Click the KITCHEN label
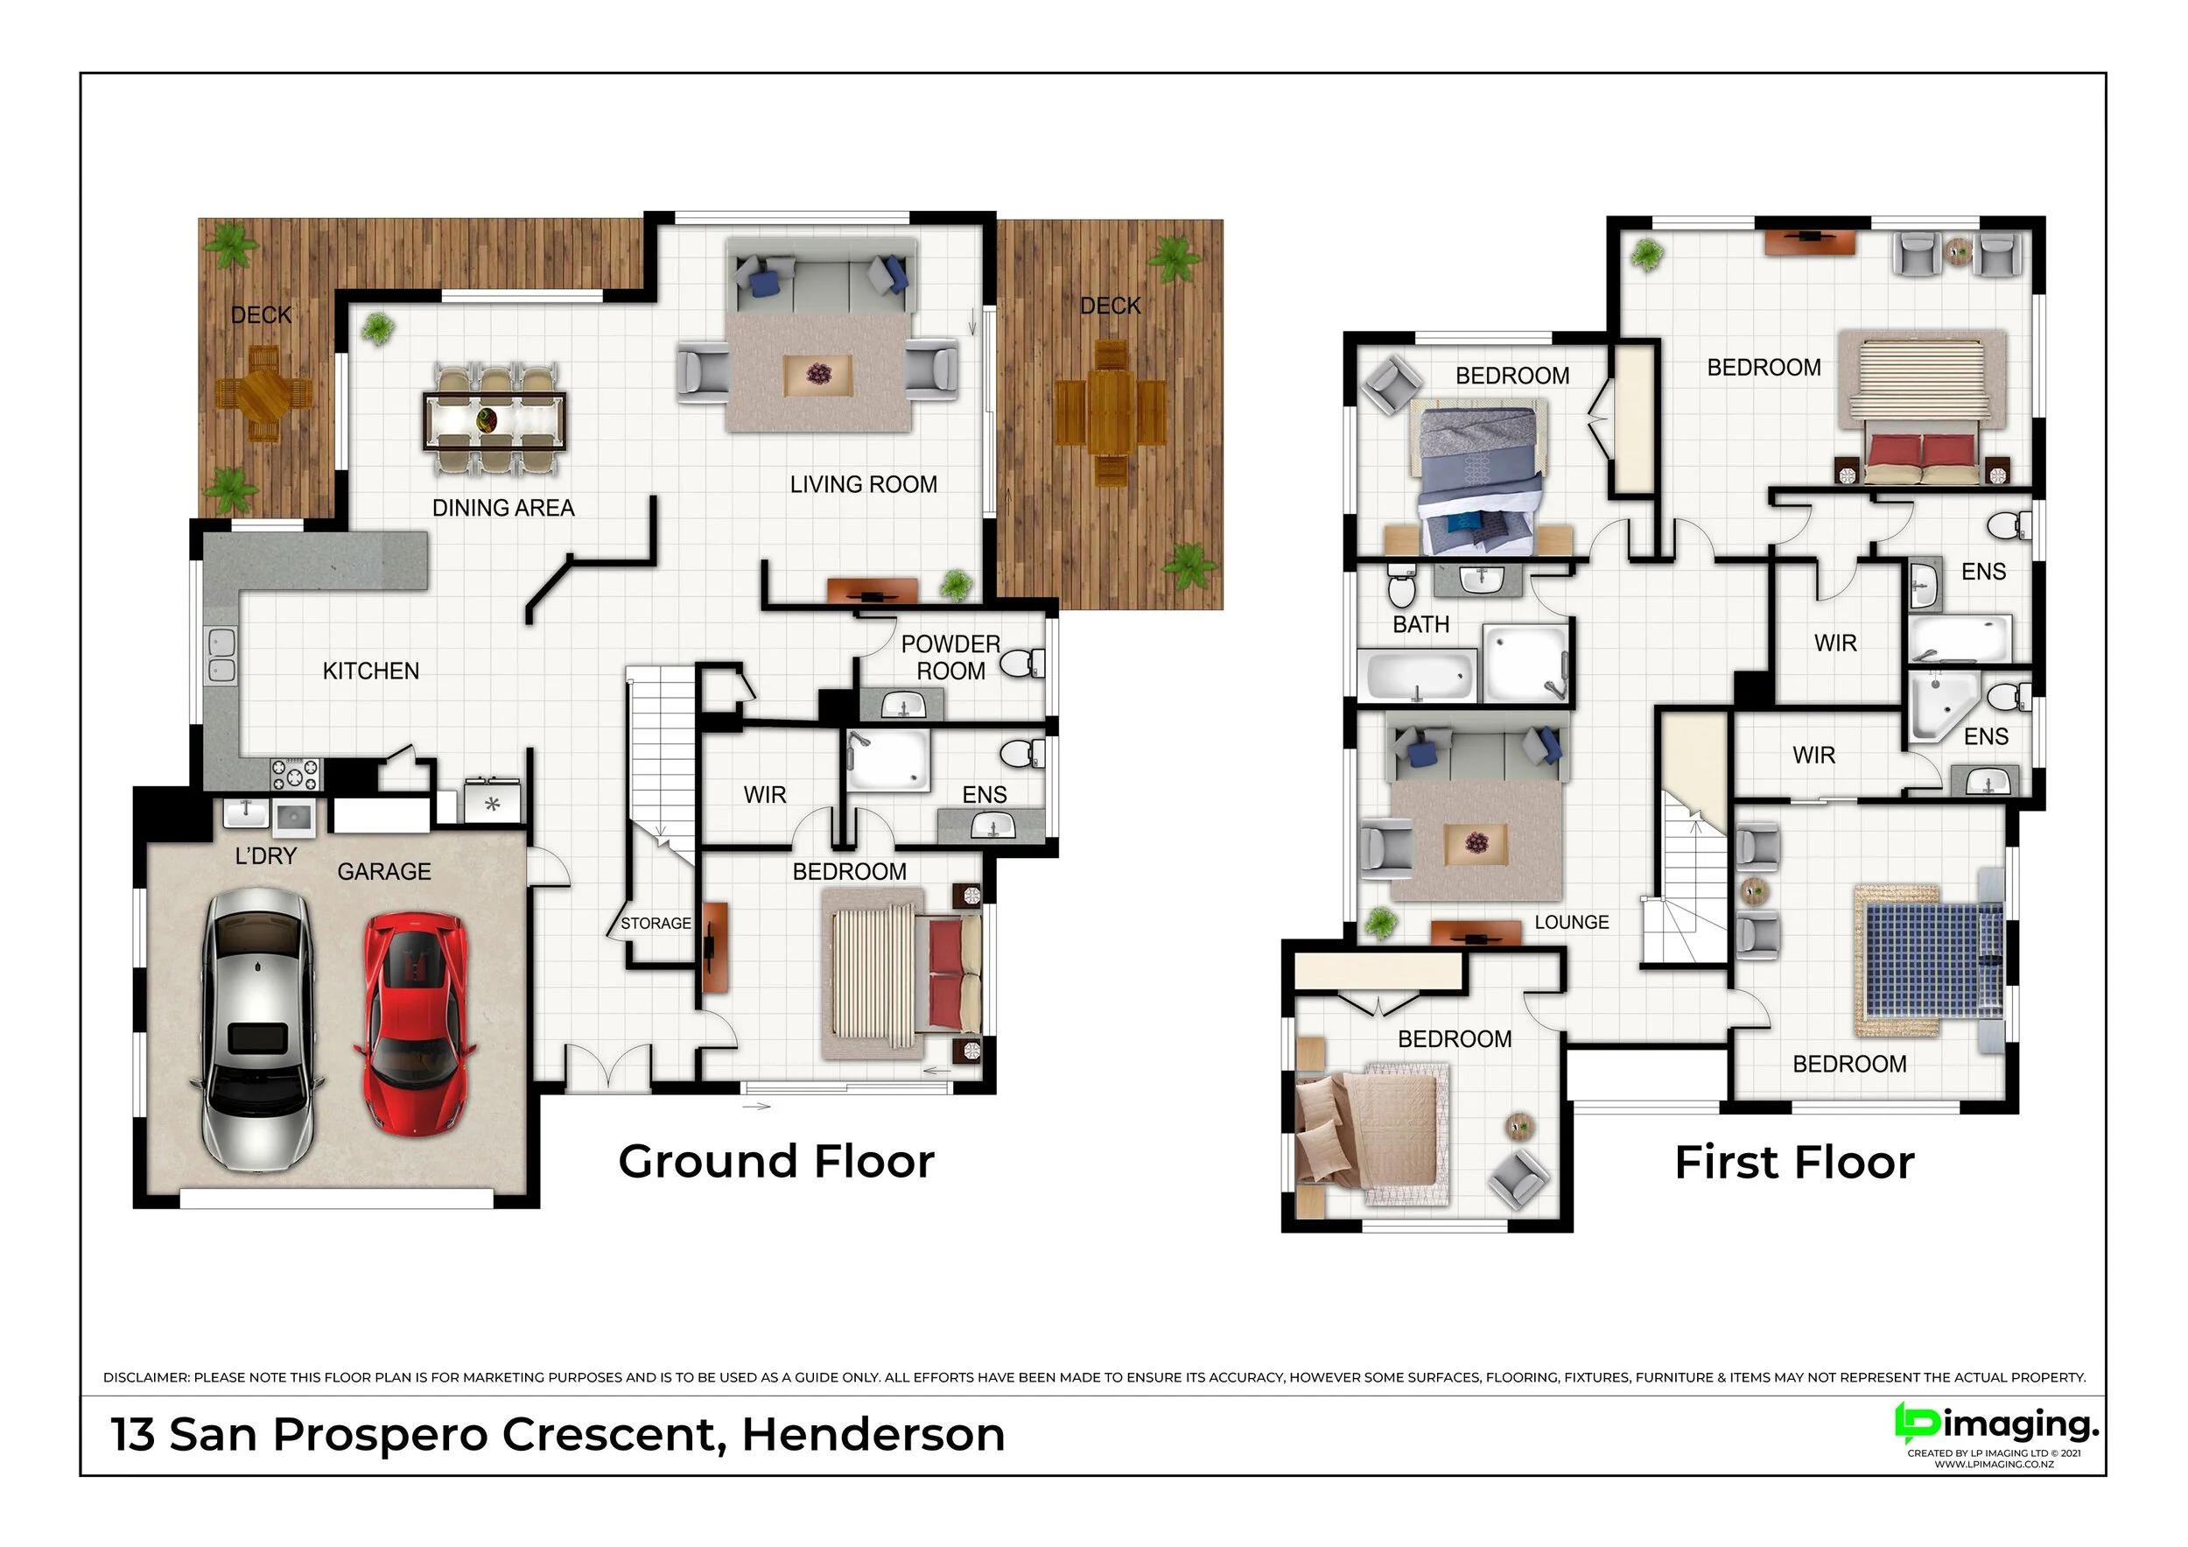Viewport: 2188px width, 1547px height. [x=371, y=671]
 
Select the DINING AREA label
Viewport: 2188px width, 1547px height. [x=503, y=508]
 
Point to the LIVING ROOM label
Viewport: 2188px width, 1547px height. [x=863, y=484]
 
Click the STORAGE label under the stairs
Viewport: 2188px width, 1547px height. [x=656, y=923]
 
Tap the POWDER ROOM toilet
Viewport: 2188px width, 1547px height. [x=1022, y=663]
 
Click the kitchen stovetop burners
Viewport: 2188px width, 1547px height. [x=297, y=773]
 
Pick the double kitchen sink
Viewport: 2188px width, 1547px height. [x=221, y=655]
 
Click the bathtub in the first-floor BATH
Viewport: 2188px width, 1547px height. [x=1416, y=675]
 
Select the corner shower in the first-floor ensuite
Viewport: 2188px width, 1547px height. [x=1942, y=706]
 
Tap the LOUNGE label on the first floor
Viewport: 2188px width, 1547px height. [x=1572, y=922]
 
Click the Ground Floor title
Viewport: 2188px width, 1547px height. [x=776, y=1161]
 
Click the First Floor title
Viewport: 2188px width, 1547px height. [x=1794, y=1162]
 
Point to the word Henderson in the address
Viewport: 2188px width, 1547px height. [x=873, y=1435]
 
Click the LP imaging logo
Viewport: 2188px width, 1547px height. [x=1995, y=1433]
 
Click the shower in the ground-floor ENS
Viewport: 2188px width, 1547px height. [x=888, y=760]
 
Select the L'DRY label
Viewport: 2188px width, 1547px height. [x=266, y=856]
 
